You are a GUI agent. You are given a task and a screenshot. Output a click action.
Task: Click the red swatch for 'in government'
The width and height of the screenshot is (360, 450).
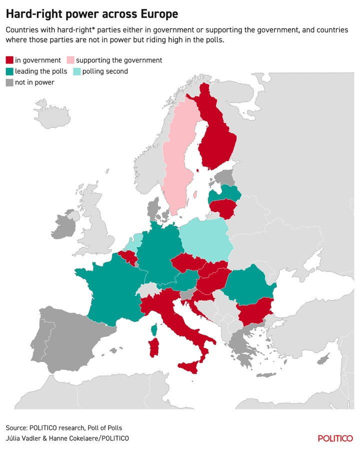(9, 60)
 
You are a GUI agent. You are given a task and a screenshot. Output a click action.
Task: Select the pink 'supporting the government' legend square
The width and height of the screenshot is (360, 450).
(70, 60)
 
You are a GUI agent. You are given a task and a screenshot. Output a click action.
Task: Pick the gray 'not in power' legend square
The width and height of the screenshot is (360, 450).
(9, 82)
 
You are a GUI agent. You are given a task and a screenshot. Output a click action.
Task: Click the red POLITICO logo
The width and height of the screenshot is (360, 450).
(335, 438)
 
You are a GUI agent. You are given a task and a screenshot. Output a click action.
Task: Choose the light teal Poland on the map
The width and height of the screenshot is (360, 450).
(205, 237)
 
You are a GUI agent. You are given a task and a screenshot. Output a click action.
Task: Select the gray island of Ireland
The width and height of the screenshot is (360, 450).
(61, 227)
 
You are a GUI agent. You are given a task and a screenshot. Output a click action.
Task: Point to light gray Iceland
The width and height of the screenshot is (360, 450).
(53, 113)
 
